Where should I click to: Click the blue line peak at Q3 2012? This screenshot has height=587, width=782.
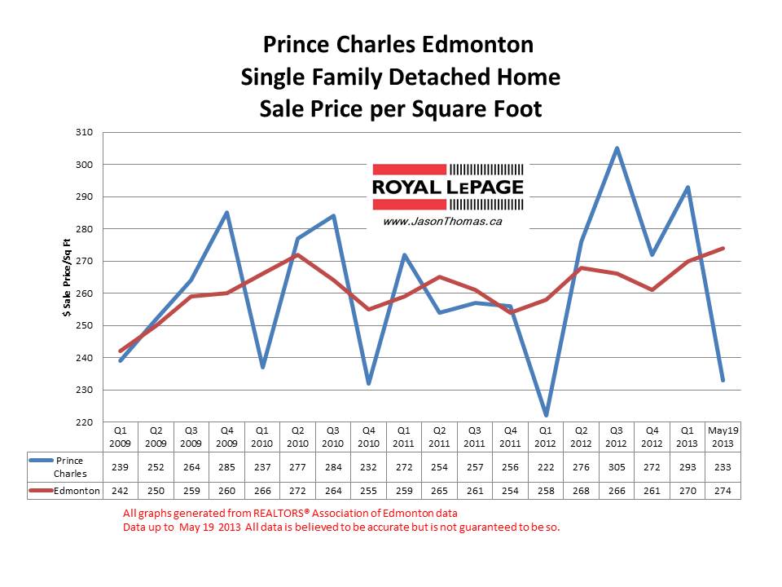point(617,148)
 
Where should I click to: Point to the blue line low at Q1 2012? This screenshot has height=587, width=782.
point(546,416)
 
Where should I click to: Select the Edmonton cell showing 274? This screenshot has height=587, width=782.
point(723,492)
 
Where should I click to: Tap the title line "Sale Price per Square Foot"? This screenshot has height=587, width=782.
point(400,108)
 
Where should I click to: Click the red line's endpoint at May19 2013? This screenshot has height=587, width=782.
point(723,249)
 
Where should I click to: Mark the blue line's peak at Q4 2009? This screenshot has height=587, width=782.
point(226,213)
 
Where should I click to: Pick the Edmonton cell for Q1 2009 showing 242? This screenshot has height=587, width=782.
point(120,492)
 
